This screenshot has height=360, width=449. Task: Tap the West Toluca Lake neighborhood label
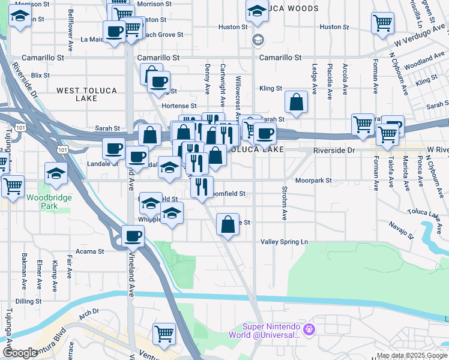click(x=87, y=94)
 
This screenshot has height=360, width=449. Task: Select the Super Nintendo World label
click(x=271, y=331)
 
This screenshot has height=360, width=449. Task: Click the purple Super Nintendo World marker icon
click(x=309, y=329)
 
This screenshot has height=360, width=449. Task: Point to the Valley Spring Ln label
click(x=284, y=242)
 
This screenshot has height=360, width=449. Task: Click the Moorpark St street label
click(x=313, y=180)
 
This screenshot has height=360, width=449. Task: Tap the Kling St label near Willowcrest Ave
click(x=271, y=88)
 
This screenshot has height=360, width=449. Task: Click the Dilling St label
click(x=28, y=301)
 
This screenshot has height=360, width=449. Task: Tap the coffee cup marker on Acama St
click(x=133, y=236)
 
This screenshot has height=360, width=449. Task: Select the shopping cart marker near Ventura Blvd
click(x=164, y=333)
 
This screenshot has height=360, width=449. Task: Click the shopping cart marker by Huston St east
click(x=382, y=22)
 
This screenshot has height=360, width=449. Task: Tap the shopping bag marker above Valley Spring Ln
click(x=228, y=225)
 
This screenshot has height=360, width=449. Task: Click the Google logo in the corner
click(x=20, y=353)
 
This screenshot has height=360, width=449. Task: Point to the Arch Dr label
click(x=88, y=312)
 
